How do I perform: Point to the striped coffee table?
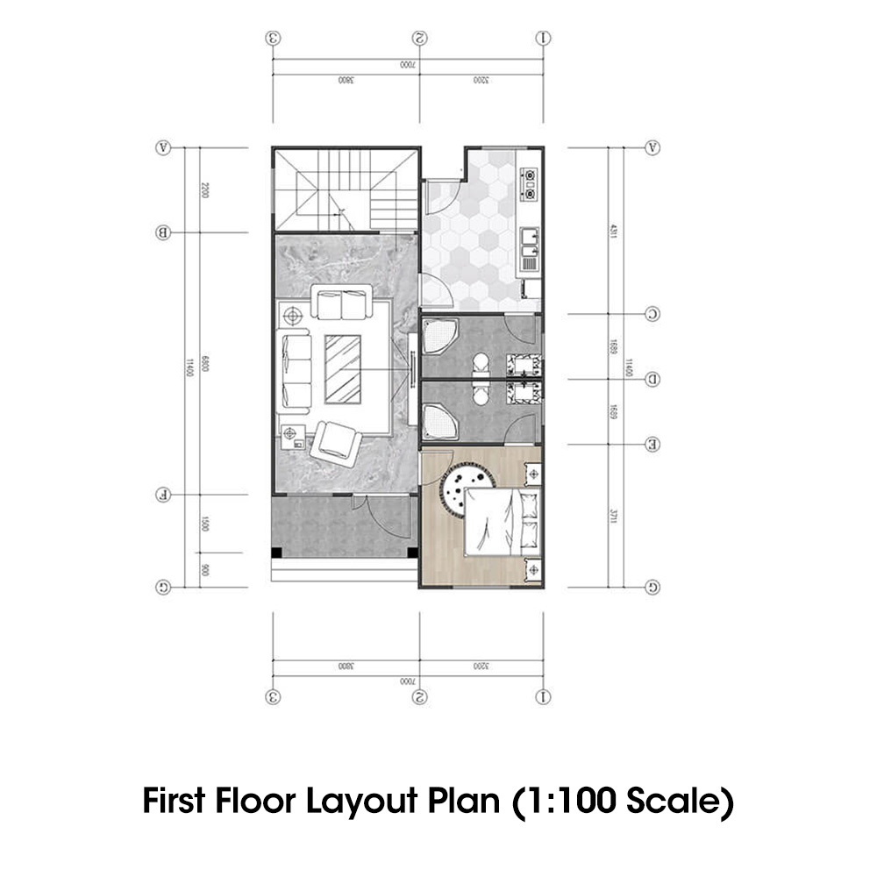coord(343,368)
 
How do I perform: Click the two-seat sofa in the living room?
coord(341,305)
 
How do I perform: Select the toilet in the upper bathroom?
coord(479,363)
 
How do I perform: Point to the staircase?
coord(346,189)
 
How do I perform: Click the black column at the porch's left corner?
coord(277,553)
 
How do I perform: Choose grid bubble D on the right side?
coord(652,379)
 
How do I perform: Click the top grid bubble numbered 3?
coord(274,39)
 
